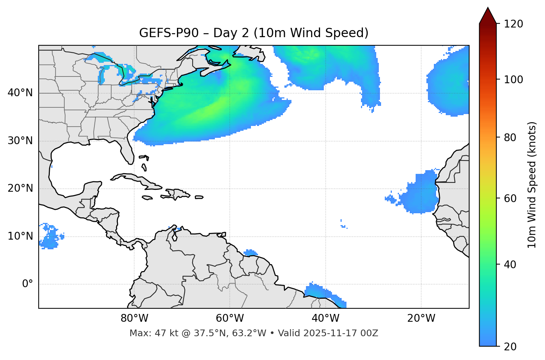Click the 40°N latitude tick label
20,93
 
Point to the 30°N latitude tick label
20,141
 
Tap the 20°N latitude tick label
20,188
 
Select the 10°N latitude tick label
20,236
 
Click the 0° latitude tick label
28,284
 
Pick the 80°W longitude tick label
134,318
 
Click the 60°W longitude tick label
230,318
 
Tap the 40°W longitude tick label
325,318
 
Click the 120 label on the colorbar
513,24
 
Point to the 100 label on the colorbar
513,80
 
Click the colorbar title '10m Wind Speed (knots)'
532,185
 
